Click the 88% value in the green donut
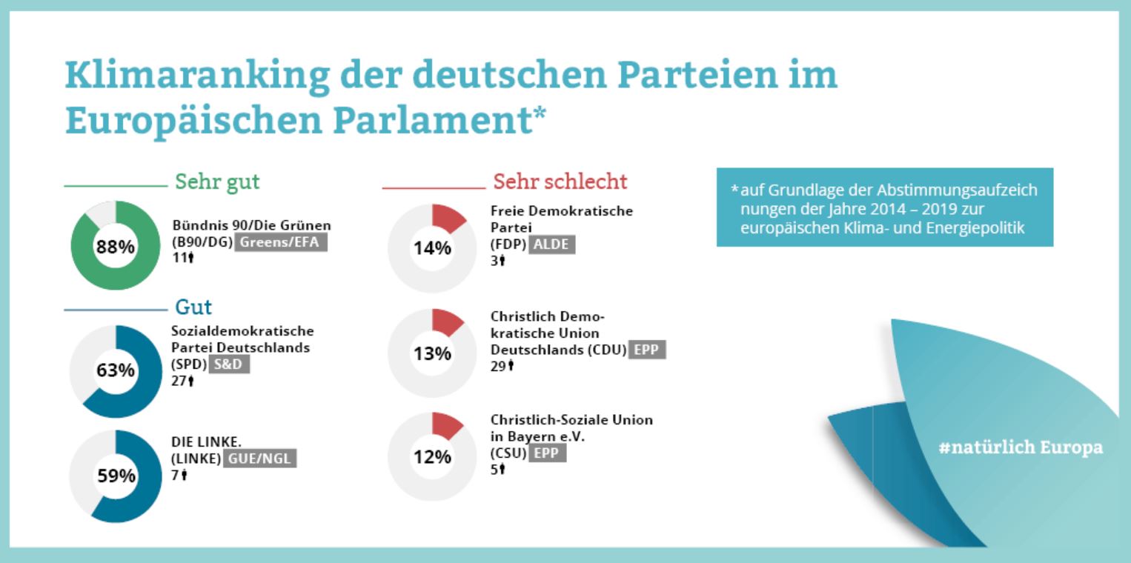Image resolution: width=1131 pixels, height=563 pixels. [115, 247]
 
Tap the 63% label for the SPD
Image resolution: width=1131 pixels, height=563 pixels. [115, 370]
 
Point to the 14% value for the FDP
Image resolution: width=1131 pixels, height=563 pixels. [433, 248]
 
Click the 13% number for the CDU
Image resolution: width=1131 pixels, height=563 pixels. [433, 354]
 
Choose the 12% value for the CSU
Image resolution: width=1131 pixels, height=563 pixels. [433, 457]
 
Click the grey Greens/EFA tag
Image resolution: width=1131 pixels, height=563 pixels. [281, 242]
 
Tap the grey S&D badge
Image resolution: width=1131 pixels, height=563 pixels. [229, 364]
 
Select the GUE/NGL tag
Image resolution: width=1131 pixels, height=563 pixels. [260, 459]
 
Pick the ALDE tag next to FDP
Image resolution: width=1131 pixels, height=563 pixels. [552, 244]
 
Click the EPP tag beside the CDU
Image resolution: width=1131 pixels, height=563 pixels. [646, 350]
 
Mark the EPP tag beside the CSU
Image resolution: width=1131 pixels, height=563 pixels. [547, 453]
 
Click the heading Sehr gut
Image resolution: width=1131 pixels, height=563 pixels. [217, 181]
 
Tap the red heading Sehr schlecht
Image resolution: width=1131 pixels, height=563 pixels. [560, 181]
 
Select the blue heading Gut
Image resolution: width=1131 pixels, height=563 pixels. [193, 307]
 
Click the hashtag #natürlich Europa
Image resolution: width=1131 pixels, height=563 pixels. [1019, 447]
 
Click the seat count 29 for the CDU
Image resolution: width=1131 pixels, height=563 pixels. [498, 366]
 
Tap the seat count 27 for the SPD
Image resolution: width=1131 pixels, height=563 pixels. [179, 381]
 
